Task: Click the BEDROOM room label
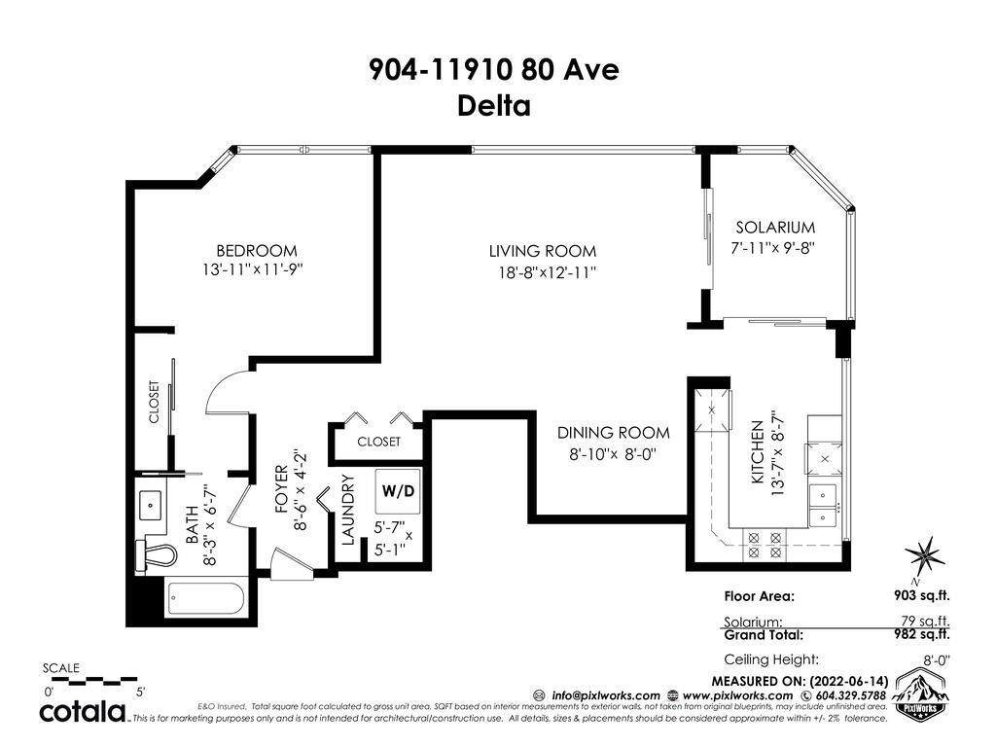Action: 257,251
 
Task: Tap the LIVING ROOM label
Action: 543,251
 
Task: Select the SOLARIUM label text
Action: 775,228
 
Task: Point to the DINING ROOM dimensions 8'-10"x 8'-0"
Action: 613,454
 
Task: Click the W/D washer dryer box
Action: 398,491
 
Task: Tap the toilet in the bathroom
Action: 155,555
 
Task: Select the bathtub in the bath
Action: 206,598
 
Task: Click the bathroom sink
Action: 151,506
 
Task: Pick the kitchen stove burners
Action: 765,546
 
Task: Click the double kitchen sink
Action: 823,505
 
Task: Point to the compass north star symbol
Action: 925,556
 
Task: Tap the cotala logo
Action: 84,711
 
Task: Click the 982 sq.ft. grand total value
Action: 922,634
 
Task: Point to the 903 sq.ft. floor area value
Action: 922,595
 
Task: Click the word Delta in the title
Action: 494,105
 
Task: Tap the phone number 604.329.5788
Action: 849,695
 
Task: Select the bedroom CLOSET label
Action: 155,402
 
